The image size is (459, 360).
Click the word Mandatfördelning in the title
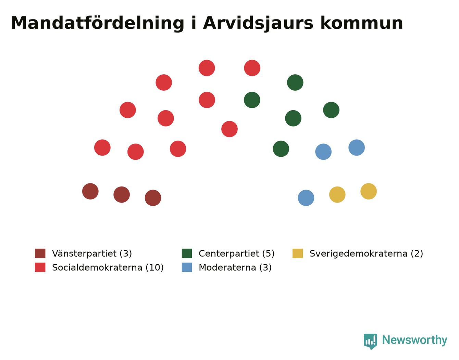tap(97, 23)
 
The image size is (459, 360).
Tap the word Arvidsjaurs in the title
tap(258, 23)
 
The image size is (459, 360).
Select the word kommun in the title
tap(362, 23)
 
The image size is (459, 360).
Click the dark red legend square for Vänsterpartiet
tap(40, 254)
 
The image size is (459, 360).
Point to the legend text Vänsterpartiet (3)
tap(92, 254)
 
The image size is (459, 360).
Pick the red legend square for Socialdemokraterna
tap(40, 267)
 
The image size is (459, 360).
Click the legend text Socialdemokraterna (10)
tap(108, 267)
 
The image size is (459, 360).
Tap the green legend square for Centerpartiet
tap(187, 254)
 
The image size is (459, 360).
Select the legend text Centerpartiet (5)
tap(237, 254)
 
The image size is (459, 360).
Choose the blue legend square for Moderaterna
tap(187, 267)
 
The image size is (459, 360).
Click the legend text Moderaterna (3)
tap(235, 267)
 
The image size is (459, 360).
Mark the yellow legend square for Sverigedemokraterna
tap(298, 254)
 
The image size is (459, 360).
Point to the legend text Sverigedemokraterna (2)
tap(366, 254)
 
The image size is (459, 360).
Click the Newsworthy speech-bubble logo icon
tap(370, 342)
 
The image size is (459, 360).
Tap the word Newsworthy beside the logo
tap(415, 340)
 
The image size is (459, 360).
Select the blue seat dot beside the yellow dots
tap(306, 198)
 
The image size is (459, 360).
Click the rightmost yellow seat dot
tap(369, 191)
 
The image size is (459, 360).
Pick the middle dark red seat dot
tap(122, 195)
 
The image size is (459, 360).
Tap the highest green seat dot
tap(295, 82)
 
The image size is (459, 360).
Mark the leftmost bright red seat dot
tap(102, 147)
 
